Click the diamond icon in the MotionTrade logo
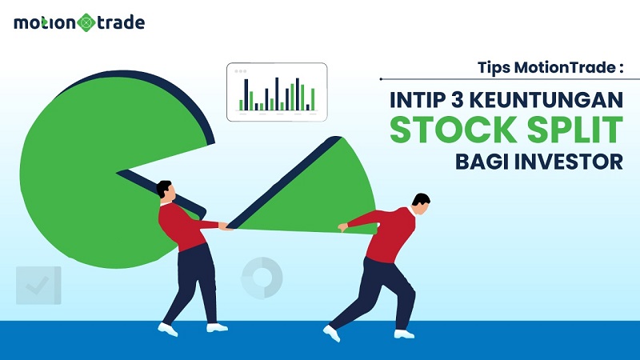click(x=85, y=22)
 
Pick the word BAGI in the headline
click(x=481, y=160)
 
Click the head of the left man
click(x=164, y=190)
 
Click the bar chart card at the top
click(x=277, y=91)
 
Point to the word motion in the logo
click(x=44, y=22)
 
